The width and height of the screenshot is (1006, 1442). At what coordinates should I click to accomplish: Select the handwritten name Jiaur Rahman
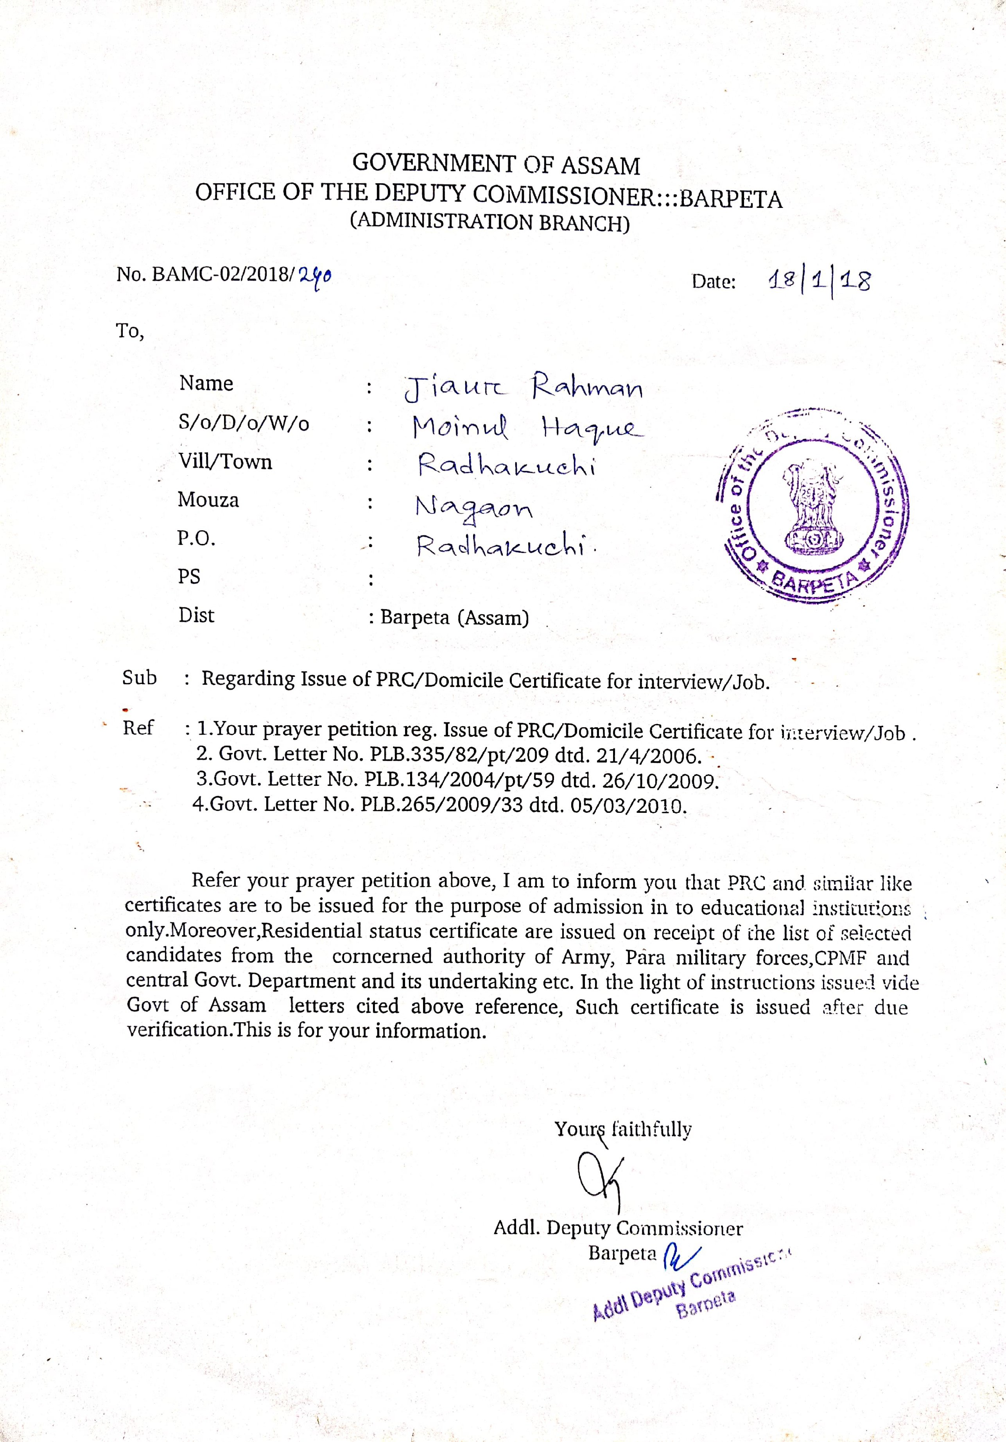[x=524, y=388]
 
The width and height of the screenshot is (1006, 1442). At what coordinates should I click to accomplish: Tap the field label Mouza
[x=208, y=500]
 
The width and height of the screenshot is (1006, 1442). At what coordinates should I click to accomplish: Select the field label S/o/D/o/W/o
[x=244, y=423]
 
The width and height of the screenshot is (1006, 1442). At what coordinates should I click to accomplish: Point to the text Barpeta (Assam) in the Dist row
[x=454, y=617]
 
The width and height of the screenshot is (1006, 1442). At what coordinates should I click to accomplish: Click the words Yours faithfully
[x=623, y=1129]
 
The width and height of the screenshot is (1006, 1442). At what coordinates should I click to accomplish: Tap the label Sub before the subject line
[x=140, y=678]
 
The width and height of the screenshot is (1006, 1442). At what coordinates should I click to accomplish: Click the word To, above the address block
[x=130, y=330]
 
